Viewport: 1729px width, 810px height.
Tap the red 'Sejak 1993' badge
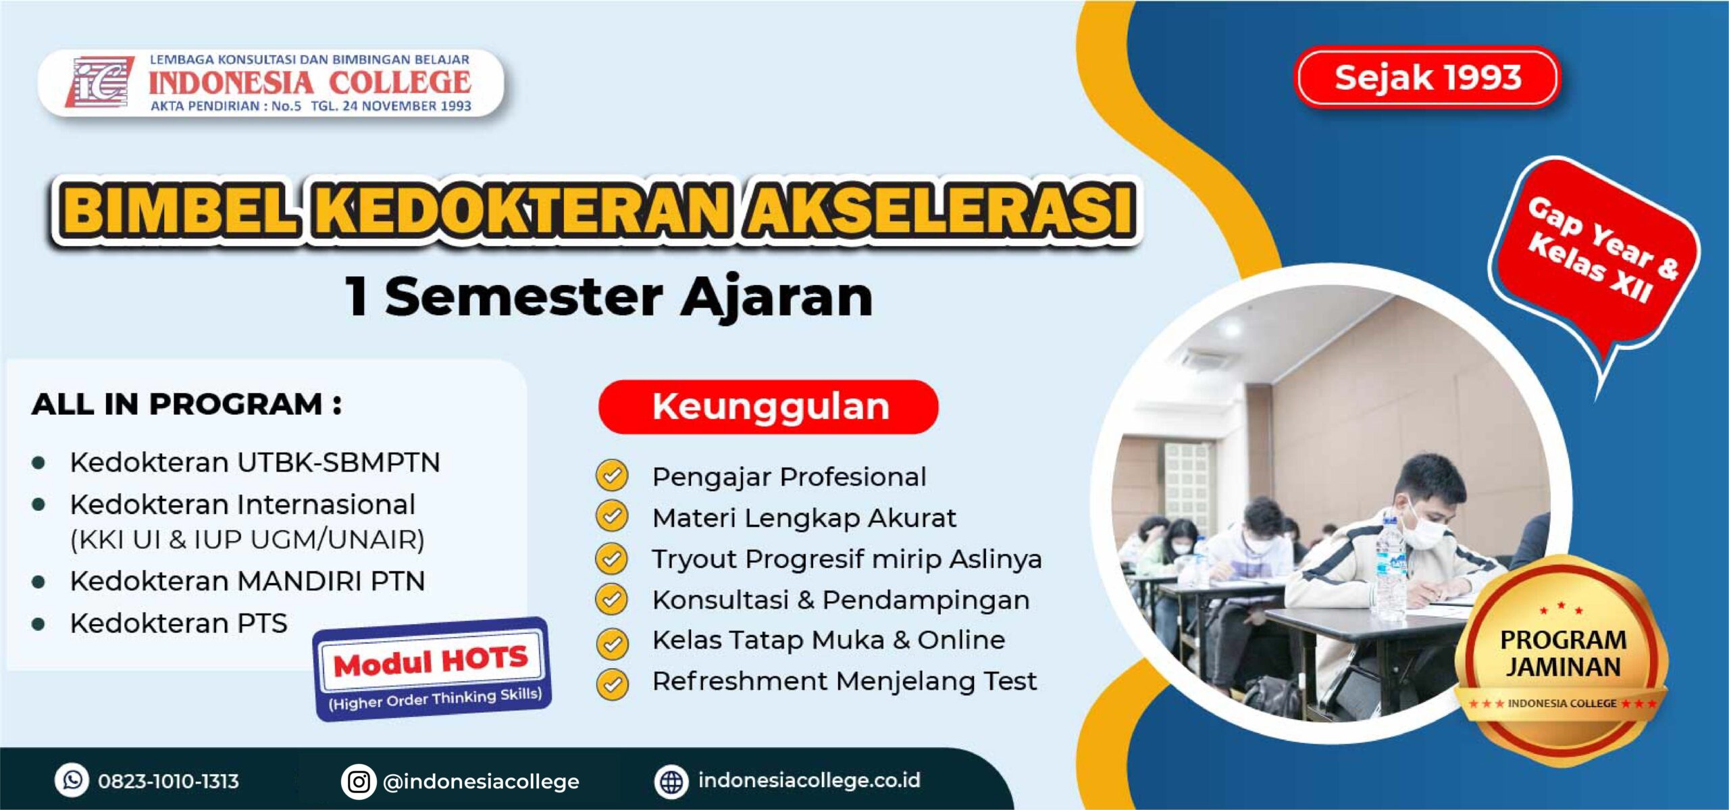tap(1427, 77)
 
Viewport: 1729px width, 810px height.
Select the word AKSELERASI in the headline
tap(940, 210)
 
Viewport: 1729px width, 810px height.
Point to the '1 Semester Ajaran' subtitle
tap(609, 297)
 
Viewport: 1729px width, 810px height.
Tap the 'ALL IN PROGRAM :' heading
tap(186, 404)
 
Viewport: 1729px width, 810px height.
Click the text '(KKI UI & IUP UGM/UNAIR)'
tap(247, 540)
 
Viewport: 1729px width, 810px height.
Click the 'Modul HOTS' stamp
tap(432, 669)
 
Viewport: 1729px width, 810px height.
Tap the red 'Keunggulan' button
tap(769, 407)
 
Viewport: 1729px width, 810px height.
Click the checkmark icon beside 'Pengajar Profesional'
tap(612, 476)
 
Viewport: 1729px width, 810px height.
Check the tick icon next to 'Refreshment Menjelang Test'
tap(612, 683)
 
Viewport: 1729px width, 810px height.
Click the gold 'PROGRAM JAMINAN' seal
tap(1562, 661)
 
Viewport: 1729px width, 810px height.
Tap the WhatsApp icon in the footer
tap(72, 780)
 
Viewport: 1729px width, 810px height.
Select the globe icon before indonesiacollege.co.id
tap(671, 782)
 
